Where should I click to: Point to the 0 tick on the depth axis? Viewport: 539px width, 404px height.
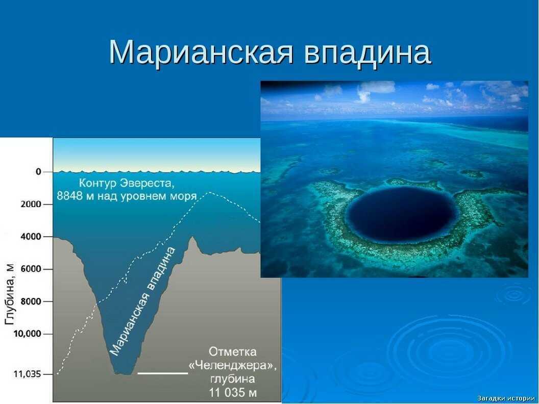click(38, 172)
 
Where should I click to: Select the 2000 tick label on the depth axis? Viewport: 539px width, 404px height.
click(30, 204)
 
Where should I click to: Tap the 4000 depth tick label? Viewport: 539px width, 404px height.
click(30, 237)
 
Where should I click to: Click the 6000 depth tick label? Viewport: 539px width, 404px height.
click(30, 269)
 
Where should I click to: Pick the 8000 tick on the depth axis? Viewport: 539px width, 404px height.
click(30, 301)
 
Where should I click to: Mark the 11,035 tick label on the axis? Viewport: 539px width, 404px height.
click(26, 374)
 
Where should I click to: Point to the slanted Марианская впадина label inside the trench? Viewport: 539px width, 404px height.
click(142, 301)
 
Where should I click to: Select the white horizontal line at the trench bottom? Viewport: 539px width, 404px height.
click(163, 373)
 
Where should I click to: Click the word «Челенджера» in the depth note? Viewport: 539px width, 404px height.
click(233, 366)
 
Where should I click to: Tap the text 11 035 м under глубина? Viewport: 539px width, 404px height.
click(233, 393)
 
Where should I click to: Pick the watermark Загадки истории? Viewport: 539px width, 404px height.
click(506, 398)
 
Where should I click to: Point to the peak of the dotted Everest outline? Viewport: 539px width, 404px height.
click(209, 192)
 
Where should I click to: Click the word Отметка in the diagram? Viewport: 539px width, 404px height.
click(233, 352)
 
